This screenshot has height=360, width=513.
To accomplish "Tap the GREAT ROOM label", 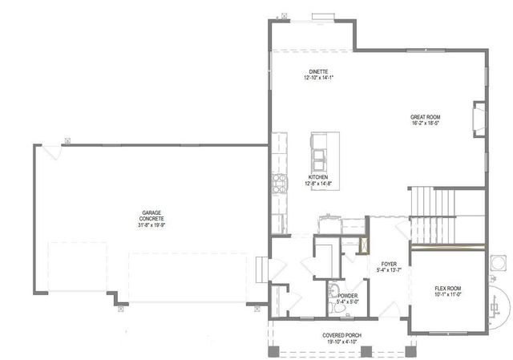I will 425,117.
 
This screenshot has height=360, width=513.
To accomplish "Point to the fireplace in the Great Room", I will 479,118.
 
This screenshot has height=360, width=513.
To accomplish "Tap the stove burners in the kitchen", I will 280,184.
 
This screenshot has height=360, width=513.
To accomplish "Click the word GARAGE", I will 151,212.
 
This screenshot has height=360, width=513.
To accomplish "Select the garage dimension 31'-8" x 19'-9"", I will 151,225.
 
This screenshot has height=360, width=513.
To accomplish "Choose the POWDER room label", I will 347,296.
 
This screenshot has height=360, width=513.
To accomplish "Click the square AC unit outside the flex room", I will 498,261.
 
